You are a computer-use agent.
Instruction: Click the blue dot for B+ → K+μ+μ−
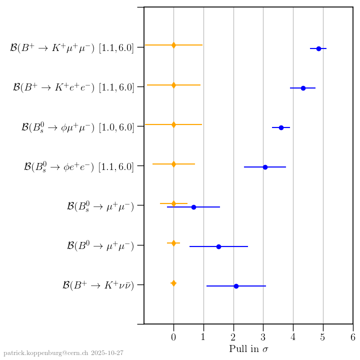318,48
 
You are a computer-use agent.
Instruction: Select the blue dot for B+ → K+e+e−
303,88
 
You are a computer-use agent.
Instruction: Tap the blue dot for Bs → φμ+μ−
281,127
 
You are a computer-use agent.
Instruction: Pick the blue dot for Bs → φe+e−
265,167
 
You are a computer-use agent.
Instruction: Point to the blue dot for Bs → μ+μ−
193,207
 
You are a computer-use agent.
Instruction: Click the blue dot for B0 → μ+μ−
218,246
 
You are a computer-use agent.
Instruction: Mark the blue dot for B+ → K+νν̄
236,286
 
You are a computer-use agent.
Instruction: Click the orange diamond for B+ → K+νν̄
173,283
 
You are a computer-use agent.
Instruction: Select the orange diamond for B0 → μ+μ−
173,243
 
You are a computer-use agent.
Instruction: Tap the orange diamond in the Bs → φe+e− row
173,164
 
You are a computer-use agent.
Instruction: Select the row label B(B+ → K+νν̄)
98,285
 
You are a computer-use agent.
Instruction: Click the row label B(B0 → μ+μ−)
100,245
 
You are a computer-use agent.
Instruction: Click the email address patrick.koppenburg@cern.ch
46,353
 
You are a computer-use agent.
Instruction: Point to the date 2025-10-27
107,353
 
